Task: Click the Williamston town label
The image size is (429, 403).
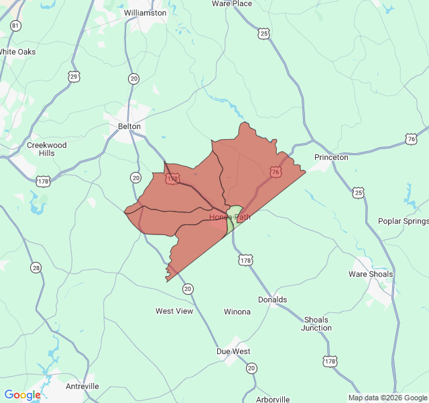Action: (x=145, y=13)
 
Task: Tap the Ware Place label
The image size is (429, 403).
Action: (x=232, y=3)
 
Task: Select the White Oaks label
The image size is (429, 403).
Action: (x=17, y=52)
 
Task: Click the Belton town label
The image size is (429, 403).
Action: (x=129, y=126)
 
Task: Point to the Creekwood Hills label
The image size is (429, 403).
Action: (x=46, y=148)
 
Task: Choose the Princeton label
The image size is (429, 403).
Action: (x=331, y=158)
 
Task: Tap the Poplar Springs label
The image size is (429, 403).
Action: (x=403, y=222)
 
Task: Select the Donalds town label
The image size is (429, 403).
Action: (x=272, y=300)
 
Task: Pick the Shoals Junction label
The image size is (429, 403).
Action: (x=316, y=324)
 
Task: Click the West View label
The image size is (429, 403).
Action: (x=174, y=311)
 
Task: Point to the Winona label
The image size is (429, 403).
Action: (x=237, y=312)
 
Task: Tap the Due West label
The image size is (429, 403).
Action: (x=233, y=351)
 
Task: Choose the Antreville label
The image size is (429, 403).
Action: (x=82, y=386)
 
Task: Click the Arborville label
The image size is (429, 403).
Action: (x=273, y=399)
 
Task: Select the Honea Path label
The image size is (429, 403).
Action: (x=230, y=217)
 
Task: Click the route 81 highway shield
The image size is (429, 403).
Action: (x=15, y=26)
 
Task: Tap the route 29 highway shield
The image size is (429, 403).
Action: (x=74, y=77)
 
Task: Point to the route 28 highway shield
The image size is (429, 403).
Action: (x=36, y=268)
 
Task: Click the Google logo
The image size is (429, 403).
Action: (x=22, y=395)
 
